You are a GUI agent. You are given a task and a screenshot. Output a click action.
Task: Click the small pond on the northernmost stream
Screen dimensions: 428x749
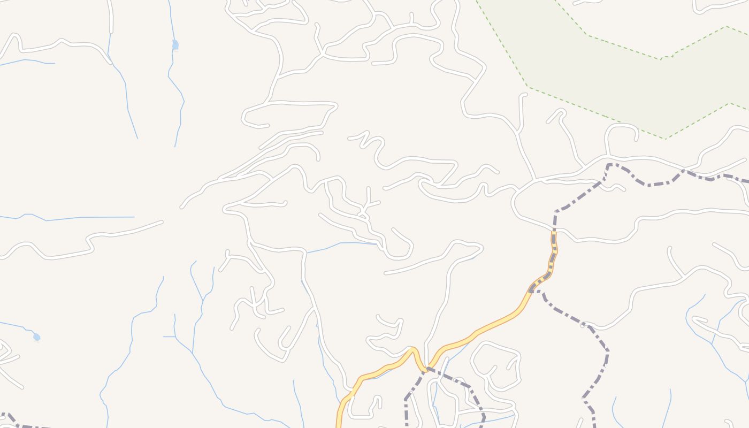tap(175, 45)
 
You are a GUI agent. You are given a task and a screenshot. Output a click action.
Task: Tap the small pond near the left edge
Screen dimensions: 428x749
tap(36, 337)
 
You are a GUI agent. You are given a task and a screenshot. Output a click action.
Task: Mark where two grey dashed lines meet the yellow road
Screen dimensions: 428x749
tap(427, 369)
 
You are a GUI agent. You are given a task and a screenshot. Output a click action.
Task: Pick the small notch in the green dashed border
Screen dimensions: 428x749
tap(666, 57)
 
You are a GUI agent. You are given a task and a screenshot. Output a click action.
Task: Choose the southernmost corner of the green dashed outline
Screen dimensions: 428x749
tap(666, 139)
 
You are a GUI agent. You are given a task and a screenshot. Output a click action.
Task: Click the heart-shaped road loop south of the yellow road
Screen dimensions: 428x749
tap(495, 364)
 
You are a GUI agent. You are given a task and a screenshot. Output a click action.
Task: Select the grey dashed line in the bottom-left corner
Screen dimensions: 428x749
tap(16, 423)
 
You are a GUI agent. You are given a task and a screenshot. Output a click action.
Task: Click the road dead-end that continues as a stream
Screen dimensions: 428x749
tap(378, 244)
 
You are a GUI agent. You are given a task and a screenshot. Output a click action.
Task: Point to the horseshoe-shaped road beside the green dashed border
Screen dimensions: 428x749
tap(621, 128)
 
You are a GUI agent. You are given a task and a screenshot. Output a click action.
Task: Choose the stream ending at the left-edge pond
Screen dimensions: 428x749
tap(16, 325)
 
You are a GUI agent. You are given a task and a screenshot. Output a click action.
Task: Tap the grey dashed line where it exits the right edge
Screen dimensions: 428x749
tap(744, 181)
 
